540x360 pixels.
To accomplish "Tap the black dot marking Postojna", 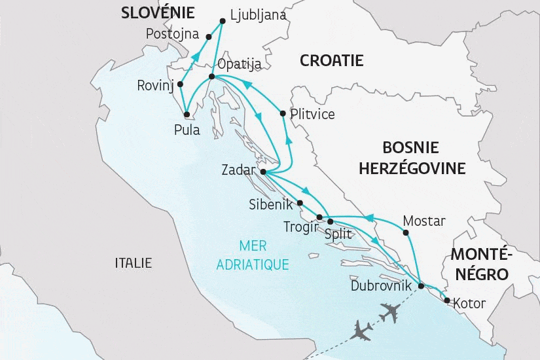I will [x=209, y=37].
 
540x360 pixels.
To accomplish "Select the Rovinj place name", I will [x=155, y=85].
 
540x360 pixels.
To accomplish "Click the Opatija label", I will [x=240, y=64].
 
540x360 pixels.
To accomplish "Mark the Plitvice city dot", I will [x=282, y=114].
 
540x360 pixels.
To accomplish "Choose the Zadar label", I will [x=238, y=170].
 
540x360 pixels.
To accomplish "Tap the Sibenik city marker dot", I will [x=300, y=203].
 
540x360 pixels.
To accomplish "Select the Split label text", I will [x=338, y=233].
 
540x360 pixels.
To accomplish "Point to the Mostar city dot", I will [x=406, y=232].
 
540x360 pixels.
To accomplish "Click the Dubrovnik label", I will [x=381, y=285].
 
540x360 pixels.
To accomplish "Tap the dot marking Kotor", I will [x=446, y=301].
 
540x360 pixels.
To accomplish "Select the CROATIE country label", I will [x=331, y=61].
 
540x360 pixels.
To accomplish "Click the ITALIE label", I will [x=133, y=263].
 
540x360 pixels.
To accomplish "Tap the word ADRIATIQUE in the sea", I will [x=253, y=264].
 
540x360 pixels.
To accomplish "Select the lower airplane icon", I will [x=362, y=330].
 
